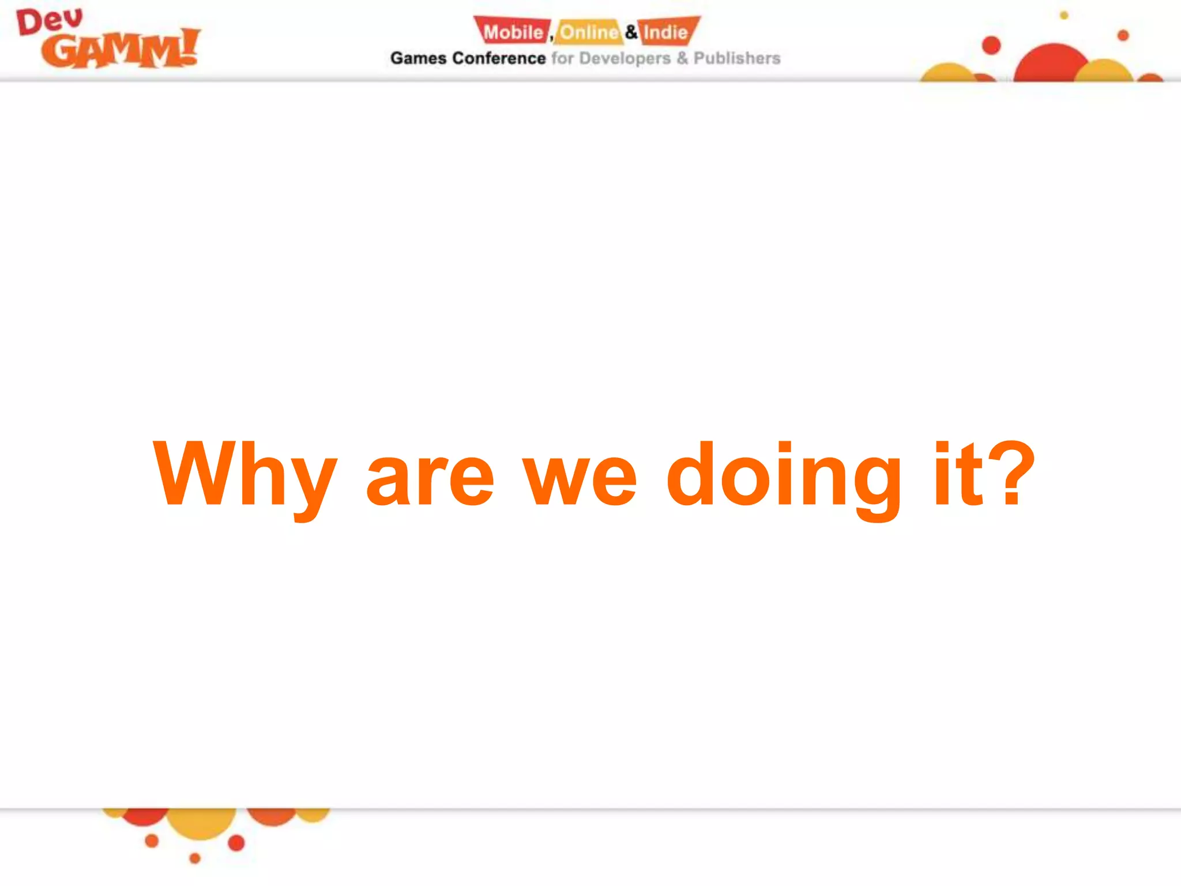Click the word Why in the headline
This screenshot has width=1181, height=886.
pyautogui.click(x=245, y=475)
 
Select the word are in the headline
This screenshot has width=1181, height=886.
pyautogui.click(x=430, y=478)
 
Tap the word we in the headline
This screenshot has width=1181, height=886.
pyautogui.click(x=580, y=478)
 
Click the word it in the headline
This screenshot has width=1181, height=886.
pyautogui.click(x=958, y=475)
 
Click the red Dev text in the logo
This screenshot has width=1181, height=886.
pyautogui.click(x=50, y=22)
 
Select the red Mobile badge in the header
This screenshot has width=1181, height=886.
pyautogui.click(x=512, y=32)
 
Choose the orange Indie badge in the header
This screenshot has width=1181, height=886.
pyautogui.click(x=667, y=32)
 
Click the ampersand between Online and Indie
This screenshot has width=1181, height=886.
pyautogui.click(x=631, y=32)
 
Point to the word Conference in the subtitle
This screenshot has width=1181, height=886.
pyautogui.click(x=499, y=58)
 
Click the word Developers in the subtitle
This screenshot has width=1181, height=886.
pyautogui.click(x=625, y=58)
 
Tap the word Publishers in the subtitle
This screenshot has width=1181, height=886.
pyautogui.click(x=736, y=58)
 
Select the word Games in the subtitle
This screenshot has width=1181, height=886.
pyautogui.click(x=418, y=58)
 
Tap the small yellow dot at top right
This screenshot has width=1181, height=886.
pyautogui.click(x=1064, y=16)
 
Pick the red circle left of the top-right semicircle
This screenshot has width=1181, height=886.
pyautogui.click(x=991, y=45)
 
